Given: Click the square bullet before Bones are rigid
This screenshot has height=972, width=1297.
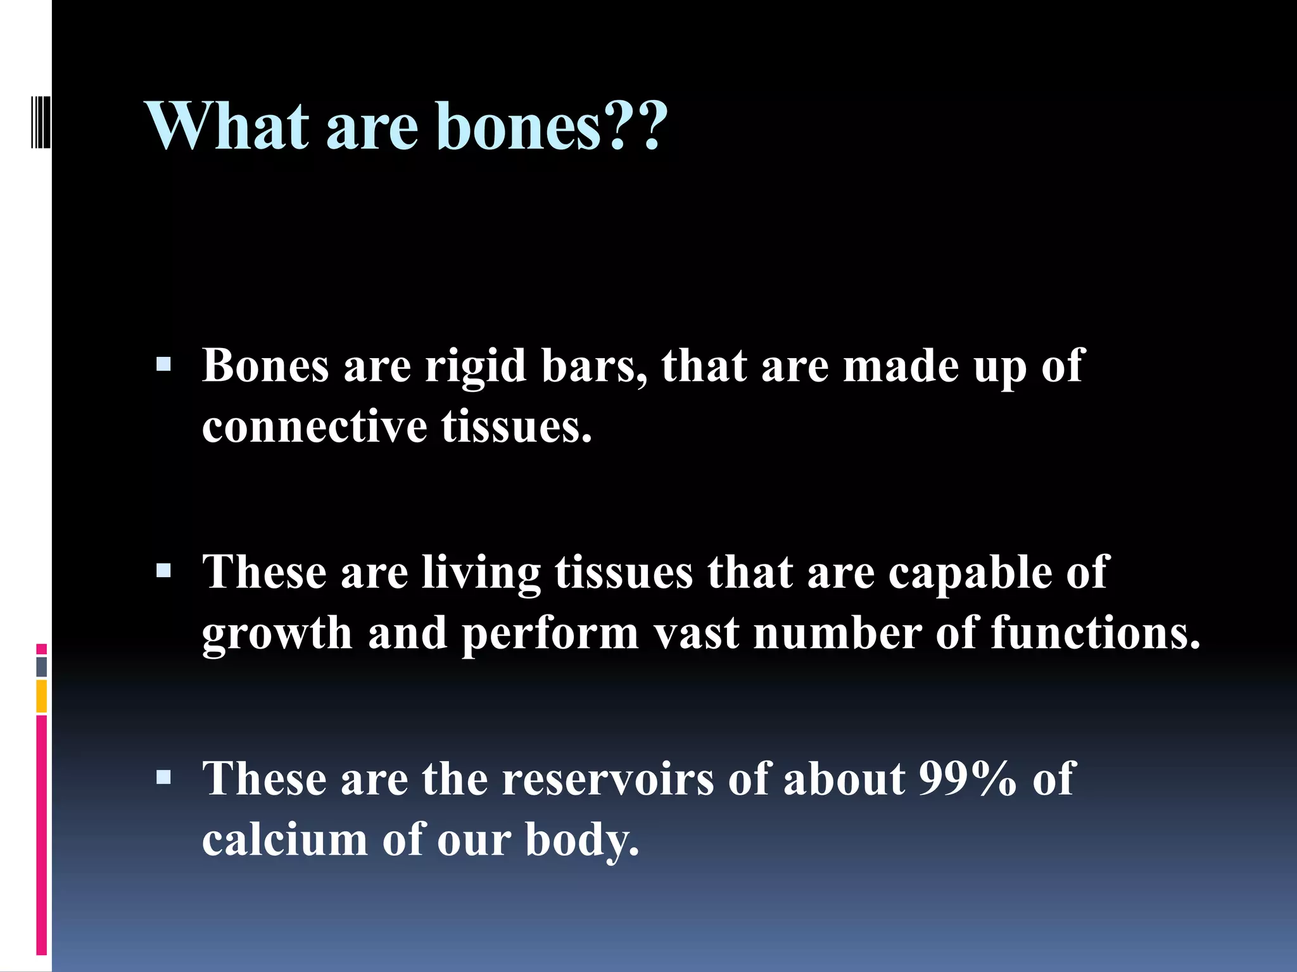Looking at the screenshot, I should (164, 365).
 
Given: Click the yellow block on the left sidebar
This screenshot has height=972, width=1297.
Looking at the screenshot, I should (41, 696).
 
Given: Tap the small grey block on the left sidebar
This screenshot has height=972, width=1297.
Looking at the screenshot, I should (41, 666).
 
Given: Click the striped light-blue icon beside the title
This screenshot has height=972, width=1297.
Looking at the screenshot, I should (41, 119).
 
